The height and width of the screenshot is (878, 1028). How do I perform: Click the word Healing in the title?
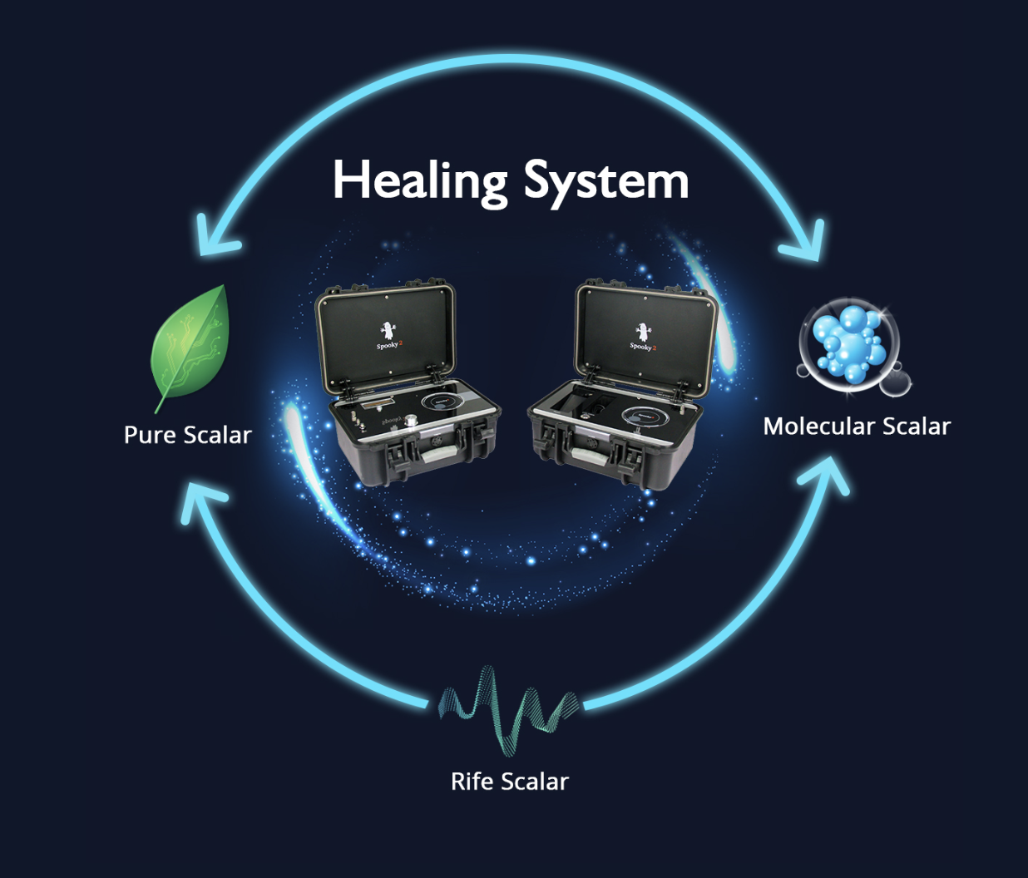[x=419, y=181]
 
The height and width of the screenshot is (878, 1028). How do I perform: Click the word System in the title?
[x=605, y=181]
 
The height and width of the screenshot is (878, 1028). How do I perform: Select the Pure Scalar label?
[x=187, y=435]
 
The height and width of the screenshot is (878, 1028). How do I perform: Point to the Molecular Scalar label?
[x=857, y=427]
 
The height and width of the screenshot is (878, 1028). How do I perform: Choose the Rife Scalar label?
[x=509, y=782]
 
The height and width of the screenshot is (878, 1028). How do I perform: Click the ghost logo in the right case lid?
[x=642, y=332]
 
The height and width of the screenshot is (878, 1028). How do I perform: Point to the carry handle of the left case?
[x=437, y=454]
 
